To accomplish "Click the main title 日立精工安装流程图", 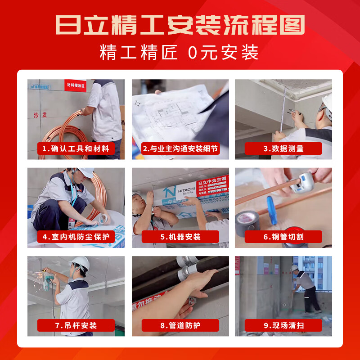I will point(180,24).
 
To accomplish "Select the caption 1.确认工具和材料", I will point(76,148).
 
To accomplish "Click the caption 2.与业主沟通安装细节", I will point(180,148).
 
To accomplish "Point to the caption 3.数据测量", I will point(283,148).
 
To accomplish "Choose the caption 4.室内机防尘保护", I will point(76,237).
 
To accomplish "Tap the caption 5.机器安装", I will point(180,237).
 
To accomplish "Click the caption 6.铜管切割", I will point(283,237).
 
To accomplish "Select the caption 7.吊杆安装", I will point(76,325).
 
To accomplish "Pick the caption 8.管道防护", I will point(180,325).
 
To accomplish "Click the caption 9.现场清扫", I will point(283,325).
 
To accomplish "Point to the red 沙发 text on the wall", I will point(40,115).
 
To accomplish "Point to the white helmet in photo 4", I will point(85,172).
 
